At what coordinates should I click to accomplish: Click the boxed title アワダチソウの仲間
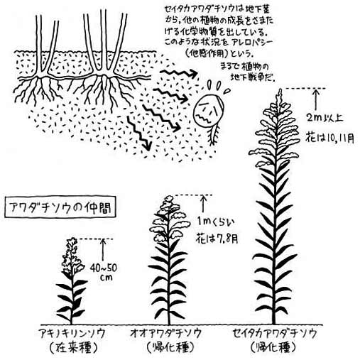(60, 207)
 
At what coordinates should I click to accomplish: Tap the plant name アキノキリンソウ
(72, 334)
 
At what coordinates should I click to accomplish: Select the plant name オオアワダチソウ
(166, 334)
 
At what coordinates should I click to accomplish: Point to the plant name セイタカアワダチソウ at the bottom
(275, 334)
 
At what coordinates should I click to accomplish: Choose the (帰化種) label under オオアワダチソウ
(170, 347)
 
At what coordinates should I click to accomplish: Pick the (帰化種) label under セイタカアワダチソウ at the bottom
(273, 347)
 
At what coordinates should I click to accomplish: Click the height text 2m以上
(324, 118)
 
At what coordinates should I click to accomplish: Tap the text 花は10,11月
(329, 138)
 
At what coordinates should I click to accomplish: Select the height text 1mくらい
(215, 222)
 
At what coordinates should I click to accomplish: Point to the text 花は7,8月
(217, 239)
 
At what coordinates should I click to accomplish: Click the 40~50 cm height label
(104, 273)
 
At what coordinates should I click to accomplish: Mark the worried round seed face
(208, 111)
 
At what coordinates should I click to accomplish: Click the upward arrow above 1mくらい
(203, 204)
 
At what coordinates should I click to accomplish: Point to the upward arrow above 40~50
(103, 250)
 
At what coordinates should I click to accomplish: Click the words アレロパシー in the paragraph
(253, 43)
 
